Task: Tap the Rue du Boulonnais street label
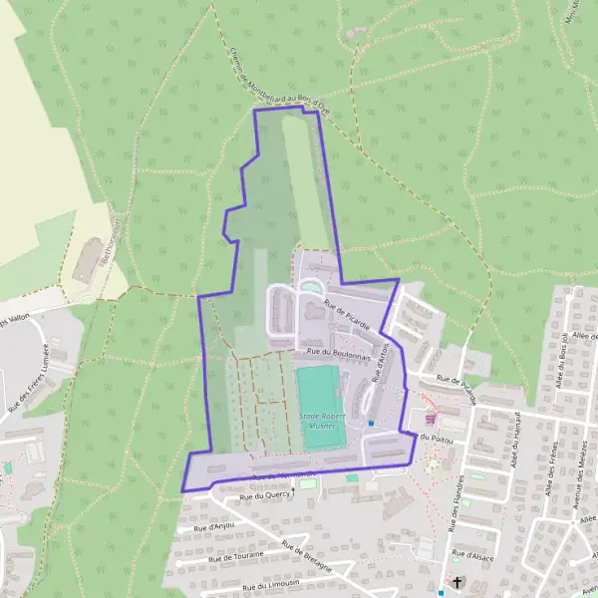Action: pos(340,352)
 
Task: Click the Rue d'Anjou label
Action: pos(213,525)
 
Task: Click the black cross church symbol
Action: pos(457,582)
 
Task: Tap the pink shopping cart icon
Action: pos(430,420)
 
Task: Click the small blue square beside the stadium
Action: pos(371,423)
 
